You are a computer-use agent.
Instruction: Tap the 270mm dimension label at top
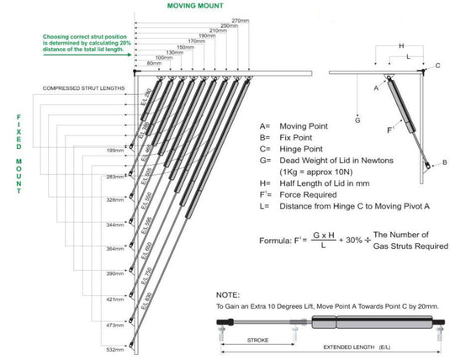[x=241, y=19]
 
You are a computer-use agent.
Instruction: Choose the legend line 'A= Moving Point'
[x=290, y=122]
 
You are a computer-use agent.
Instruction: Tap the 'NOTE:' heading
[x=228, y=295]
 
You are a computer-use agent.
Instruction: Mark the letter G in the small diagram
[x=357, y=120]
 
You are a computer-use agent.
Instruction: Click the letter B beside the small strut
[x=445, y=162]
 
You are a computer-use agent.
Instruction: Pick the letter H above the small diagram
[x=402, y=45]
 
